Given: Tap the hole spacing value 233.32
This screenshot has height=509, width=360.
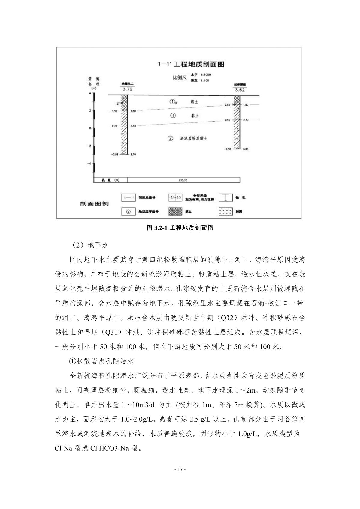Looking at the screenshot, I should pos(183,180).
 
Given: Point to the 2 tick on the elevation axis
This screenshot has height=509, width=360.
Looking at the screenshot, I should pos(90,111).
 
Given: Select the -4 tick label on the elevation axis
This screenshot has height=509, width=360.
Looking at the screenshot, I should pos(89,164).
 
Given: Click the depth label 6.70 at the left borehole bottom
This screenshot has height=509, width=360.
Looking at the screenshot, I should pos(133,155).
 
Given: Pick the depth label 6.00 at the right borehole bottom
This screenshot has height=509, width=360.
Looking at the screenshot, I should pos(246,149).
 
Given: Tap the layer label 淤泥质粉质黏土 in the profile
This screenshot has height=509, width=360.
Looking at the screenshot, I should pos(194,139).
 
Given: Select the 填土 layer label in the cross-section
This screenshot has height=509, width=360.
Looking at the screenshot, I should pos(194,102).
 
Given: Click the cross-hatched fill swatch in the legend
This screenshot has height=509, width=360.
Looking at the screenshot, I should pos(175,212).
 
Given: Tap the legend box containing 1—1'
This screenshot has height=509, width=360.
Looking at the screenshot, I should pos(129,197).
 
